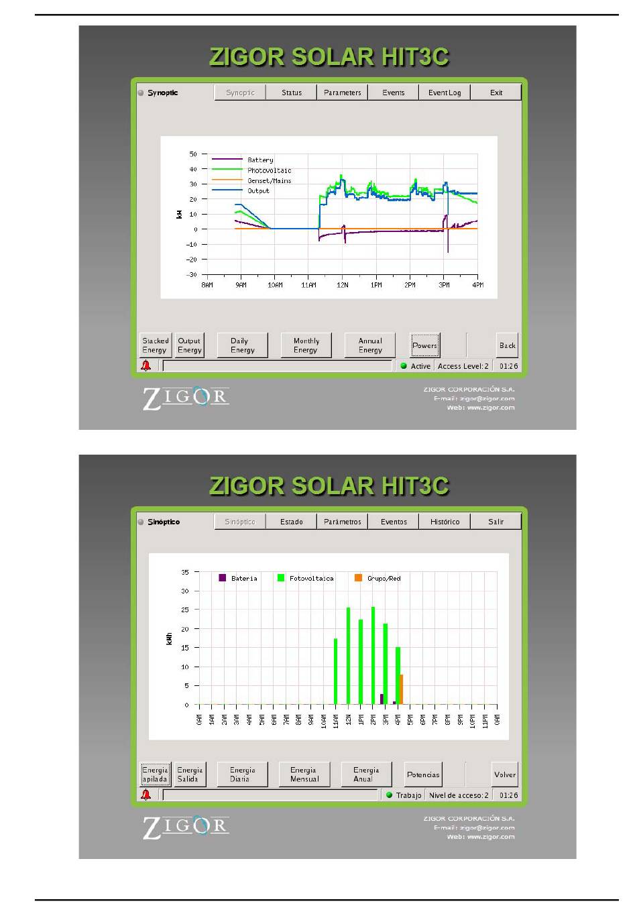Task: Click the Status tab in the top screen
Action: click(x=291, y=93)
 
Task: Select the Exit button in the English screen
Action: click(x=496, y=93)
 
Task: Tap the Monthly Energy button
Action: click(x=306, y=345)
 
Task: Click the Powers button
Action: click(x=424, y=345)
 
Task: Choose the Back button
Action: click(x=507, y=345)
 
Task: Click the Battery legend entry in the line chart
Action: click(x=242, y=160)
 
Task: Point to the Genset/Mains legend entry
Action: click(x=251, y=180)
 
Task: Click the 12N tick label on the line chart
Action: click(x=342, y=285)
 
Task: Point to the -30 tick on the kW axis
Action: click(x=191, y=274)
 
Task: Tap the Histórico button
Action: click(x=445, y=522)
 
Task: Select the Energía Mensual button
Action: click(x=304, y=774)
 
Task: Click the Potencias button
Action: click(x=423, y=774)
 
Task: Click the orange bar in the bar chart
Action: click(x=401, y=689)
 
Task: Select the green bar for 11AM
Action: click(x=336, y=671)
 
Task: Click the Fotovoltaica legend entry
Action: click(x=305, y=578)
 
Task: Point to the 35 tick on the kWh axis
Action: click(x=185, y=572)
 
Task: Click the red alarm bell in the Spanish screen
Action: click(x=146, y=795)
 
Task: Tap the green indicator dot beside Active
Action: click(x=404, y=365)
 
